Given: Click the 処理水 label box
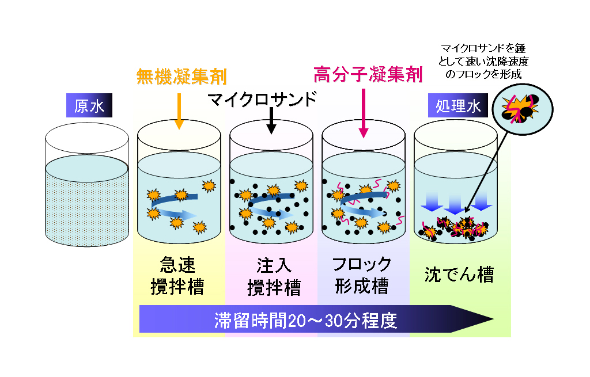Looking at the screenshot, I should point(457,106).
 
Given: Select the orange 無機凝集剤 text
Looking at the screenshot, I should point(181,77).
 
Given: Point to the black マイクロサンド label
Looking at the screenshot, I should point(263,99).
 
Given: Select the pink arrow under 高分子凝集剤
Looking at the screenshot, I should point(363,115).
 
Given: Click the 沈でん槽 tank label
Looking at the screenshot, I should point(459,275).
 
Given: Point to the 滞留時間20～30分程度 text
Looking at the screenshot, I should point(305,321).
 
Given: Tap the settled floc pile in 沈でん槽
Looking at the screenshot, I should point(455,227).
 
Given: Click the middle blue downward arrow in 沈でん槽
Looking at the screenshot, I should point(455,201).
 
